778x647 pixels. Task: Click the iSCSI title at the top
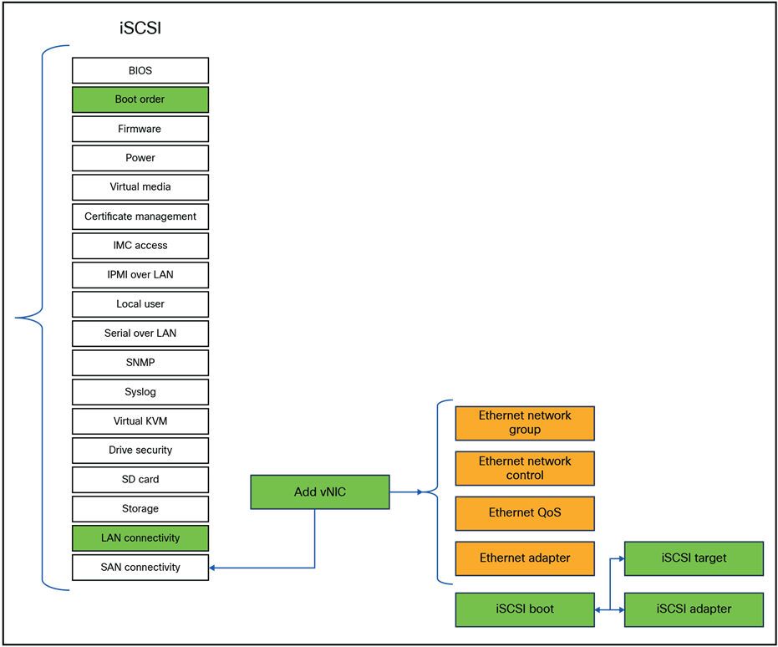click(140, 29)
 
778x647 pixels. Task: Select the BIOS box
click(140, 70)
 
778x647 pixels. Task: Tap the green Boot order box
click(140, 99)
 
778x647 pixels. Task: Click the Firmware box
click(140, 129)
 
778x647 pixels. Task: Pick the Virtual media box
click(140, 187)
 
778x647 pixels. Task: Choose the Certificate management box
click(140, 217)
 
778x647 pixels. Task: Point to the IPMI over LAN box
click(140, 275)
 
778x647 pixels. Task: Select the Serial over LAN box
click(140, 334)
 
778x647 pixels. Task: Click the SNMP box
click(140, 363)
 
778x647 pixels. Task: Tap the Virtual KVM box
click(140, 421)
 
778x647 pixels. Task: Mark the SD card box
click(140, 480)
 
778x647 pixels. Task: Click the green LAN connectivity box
click(140, 538)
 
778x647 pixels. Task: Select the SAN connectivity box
click(140, 568)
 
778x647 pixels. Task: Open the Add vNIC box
click(319, 492)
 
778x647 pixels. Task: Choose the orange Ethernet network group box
click(525, 423)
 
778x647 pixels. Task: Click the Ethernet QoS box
click(525, 513)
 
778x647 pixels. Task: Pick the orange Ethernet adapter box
click(525, 558)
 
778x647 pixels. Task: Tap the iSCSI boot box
click(525, 609)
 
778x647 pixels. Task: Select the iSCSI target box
click(694, 558)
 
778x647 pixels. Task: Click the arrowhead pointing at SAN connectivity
click(214, 568)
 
